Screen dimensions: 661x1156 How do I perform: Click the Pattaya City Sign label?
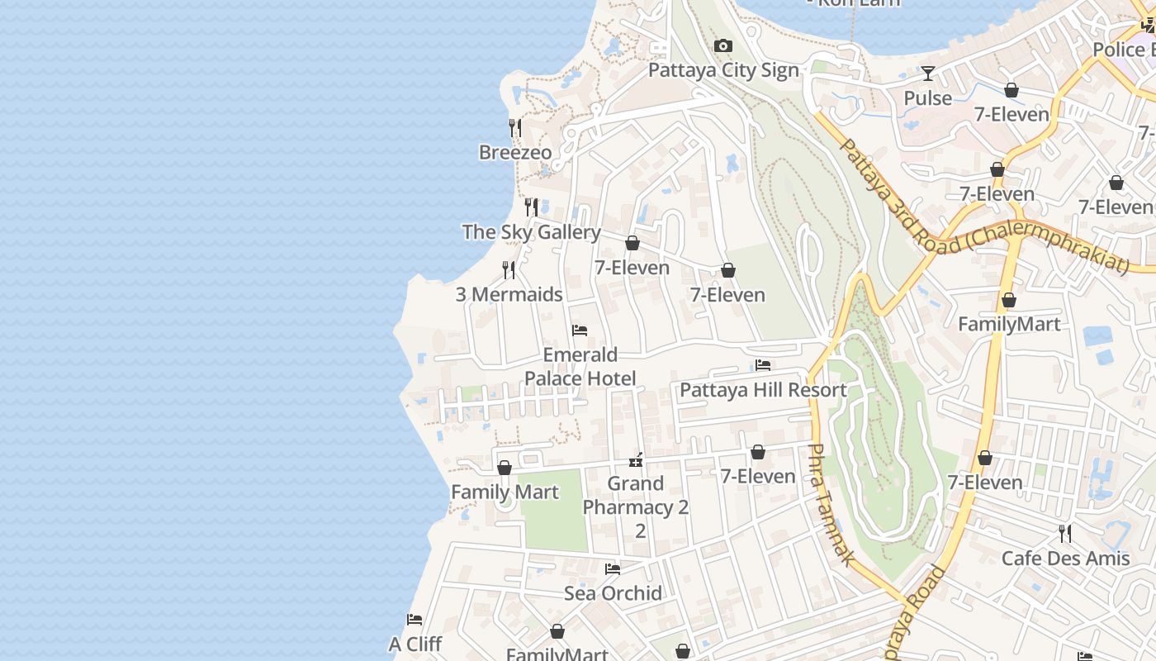tap(723, 70)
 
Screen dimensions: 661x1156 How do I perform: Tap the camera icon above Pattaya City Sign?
tap(723, 46)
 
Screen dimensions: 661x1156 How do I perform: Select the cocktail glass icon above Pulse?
tap(928, 74)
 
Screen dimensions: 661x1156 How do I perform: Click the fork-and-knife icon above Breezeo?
tap(514, 128)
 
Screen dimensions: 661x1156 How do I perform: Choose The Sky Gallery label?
tap(531, 232)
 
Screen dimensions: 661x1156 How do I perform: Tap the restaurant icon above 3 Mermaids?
tap(509, 270)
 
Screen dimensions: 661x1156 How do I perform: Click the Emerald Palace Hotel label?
tap(580, 367)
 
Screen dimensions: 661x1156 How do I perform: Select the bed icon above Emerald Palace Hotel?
tap(580, 330)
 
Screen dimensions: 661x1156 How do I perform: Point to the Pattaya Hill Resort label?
tap(763, 390)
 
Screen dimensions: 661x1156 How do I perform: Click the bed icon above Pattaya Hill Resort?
tap(763, 365)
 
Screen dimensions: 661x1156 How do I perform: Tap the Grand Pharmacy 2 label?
tap(636, 496)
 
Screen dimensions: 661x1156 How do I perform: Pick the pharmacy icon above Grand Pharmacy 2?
tap(636, 460)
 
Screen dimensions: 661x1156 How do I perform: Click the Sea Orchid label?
tap(613, 593)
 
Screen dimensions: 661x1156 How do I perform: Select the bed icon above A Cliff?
tap(415, 620)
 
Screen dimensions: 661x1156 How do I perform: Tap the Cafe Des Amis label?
tap(1065, 559)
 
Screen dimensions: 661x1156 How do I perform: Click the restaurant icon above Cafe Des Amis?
tap(1065, 534)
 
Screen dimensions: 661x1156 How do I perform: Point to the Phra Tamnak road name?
tap(828, 505)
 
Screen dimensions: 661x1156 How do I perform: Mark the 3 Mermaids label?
tap(509, 295)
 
